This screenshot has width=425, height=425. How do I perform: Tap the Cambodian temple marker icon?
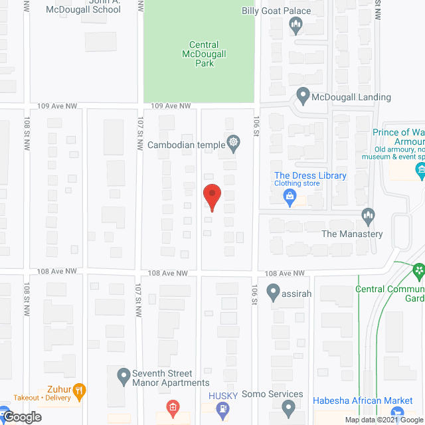coord(233,141)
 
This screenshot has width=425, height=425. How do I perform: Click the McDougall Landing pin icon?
coord(303,96)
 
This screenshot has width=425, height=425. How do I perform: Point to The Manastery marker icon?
coord(369,216)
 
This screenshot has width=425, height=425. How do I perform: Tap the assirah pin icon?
coord(273,291)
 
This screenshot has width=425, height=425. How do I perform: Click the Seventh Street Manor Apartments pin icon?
coord(124,377)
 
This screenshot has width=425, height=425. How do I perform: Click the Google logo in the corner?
coord(21,417)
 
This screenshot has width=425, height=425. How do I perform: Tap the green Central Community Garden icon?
coord(418,271)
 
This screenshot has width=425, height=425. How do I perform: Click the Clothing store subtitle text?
coord(297,184)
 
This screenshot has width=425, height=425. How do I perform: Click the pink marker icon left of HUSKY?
coord(173,407)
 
